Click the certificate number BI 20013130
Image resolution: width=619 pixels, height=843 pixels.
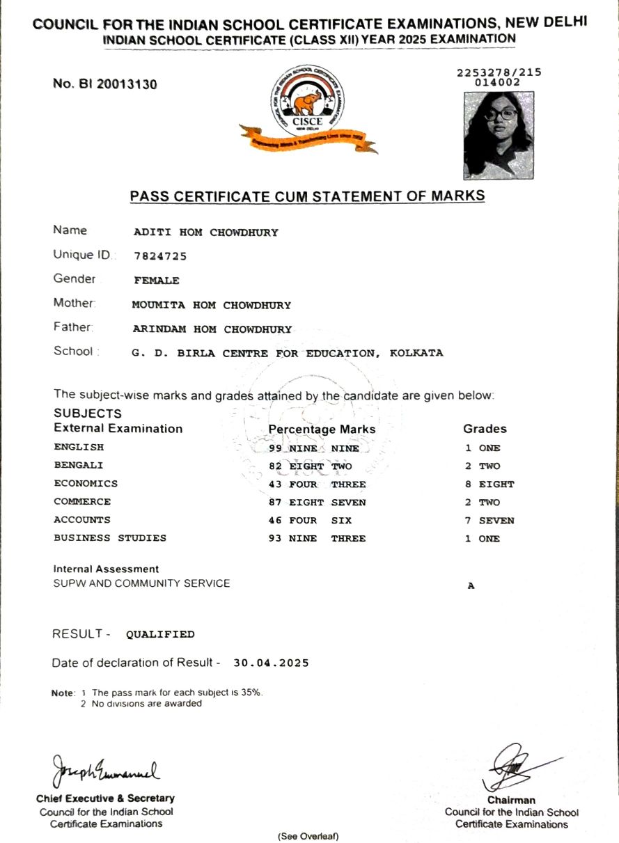pyautogui.click(x=105, y=84)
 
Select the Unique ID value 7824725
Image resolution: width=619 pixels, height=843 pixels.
pyautogui.click(x=160, y=256)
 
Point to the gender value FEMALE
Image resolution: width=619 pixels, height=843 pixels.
pyautogui.click(x=156, y=281)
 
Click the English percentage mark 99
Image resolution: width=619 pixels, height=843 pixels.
pyautogui.click(x=275, y=448)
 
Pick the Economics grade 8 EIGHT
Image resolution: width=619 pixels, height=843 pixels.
pyautogui.click(x=489, y=484)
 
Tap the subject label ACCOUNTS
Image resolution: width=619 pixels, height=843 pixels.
pyautogui.click(x=82, y=519)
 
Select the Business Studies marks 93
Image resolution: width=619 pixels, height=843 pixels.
pyautogui.click(x=275, y=538)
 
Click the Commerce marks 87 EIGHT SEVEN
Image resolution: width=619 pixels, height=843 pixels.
pyautogui.click(x=317, y=502)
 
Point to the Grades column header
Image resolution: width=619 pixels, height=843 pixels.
pyautogui.click(x=485, y=429)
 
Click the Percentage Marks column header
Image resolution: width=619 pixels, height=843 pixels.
pyautogui.click(x=322, y=430)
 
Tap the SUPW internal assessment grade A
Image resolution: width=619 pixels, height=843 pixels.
pyautogui.click(x=471, y=586)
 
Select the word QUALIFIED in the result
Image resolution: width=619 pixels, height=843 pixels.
pyautogui.click(x=160, y=634)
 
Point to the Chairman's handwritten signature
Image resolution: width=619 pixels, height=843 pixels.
pyautogui.click(x=519, y=765)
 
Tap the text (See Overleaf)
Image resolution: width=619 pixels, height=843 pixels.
pyautogui.click(x=308, y=835)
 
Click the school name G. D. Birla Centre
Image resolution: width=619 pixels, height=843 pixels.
pyautogui.click(x=287, y=353)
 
